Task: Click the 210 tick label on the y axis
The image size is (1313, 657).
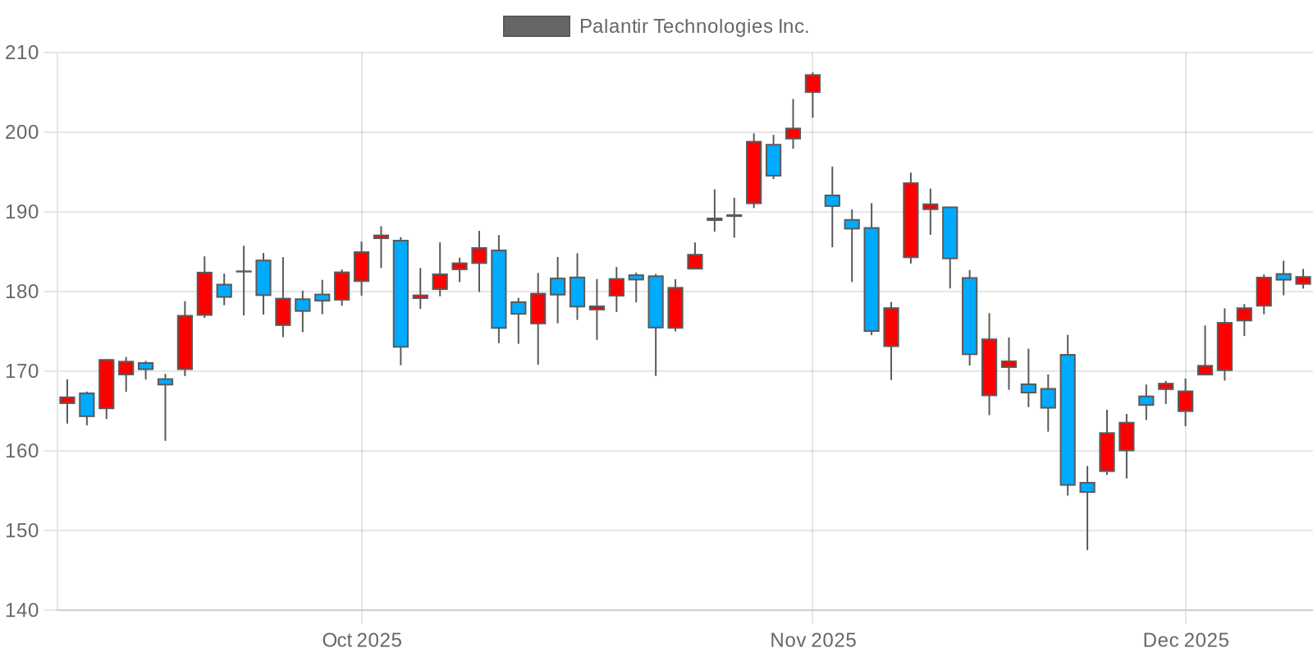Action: [x=21, y=53]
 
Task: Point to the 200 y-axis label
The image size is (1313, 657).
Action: [x=21, y=132]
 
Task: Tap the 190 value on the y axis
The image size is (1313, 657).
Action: [x=21, y=212]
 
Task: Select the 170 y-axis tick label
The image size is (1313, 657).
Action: [x=21, y=371]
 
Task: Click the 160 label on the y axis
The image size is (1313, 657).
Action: [x=21, y=451]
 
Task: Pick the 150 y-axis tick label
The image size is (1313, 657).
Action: [x=21, y=531]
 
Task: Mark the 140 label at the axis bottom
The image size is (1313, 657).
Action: [x=21, y=610]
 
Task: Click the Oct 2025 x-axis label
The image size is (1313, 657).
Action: [x=362, y=641]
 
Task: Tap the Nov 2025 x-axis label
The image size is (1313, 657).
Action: [x=812, y=641]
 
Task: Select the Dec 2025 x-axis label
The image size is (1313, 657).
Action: [x=1186, y=641]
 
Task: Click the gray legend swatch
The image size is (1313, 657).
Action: [x=536, y=26]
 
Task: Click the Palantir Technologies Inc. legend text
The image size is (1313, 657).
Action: [x=693, y=26]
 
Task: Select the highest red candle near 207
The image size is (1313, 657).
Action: [x=812, y=84]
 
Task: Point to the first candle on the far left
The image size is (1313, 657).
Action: [x=67, y=400]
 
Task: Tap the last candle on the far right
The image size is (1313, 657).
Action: [x=1303, y=280]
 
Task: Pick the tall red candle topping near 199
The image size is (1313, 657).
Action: [x=753, y=172]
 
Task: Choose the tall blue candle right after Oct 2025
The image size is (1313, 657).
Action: [x=400, y=293]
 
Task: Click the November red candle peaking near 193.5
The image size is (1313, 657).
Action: [x=911, y=220]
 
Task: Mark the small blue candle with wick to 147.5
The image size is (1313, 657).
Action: [x=1087, y=487]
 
